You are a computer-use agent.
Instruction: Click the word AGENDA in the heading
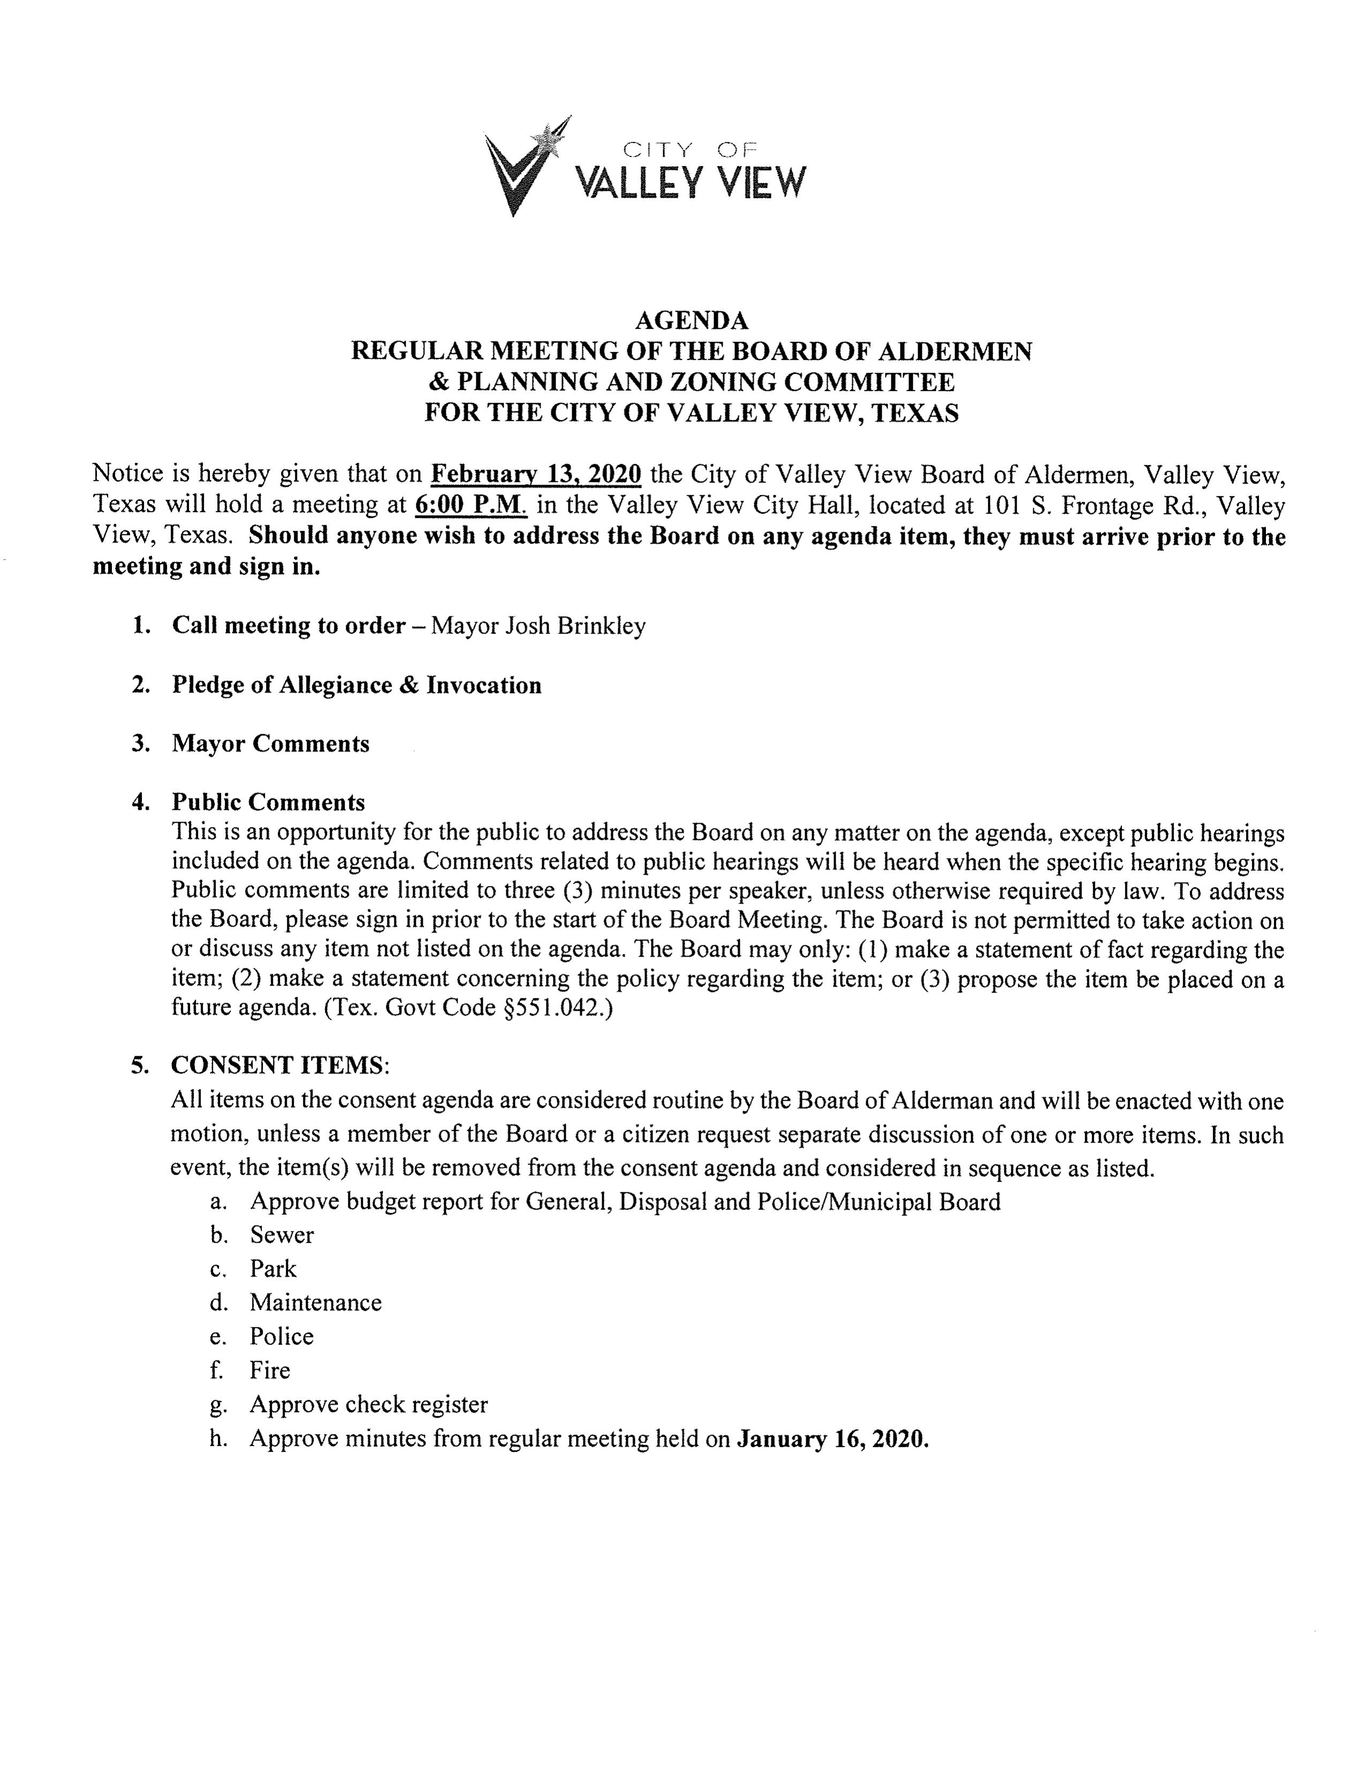691,321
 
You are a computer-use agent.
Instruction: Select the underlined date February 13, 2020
536,473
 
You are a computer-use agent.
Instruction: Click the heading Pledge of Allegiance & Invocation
356,685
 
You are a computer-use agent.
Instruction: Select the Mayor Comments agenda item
270,743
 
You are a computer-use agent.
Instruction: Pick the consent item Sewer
282,1235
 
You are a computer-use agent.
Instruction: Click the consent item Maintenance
316,1303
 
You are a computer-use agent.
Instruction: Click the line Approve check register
368,1404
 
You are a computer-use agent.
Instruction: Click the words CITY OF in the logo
689,148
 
